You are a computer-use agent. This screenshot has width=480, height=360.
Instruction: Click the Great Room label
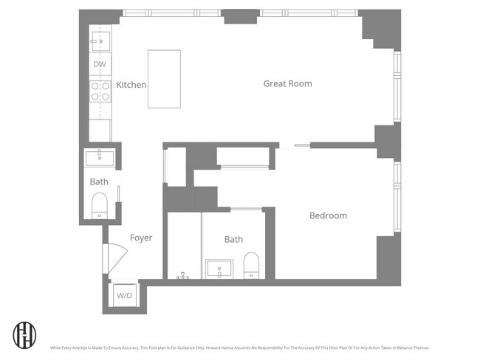[287, 83]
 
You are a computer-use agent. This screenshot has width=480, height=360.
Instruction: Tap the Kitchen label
[131, 85]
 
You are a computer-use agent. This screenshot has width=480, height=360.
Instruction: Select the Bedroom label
[328, 215]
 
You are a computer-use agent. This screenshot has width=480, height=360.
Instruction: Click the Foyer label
[141, 238]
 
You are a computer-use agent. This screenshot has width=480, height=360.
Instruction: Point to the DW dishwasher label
[100, 65]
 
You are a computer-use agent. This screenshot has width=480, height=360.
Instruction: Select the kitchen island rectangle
[164, 79]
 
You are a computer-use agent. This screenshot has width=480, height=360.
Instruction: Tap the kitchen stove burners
[100, 91]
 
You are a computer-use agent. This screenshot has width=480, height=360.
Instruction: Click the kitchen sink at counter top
[100, 41]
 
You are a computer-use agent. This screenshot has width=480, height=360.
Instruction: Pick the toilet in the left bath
[99, 204]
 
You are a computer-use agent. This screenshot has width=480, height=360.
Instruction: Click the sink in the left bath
[99, 157]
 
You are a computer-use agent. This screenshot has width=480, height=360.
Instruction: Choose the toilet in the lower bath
[252, 266]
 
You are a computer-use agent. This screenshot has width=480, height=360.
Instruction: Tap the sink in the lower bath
[220, 267]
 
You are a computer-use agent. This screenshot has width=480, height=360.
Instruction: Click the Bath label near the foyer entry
[99, 181]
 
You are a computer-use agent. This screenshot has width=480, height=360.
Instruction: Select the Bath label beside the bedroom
[233, 239]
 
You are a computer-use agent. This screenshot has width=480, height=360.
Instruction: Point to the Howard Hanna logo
[25, 335]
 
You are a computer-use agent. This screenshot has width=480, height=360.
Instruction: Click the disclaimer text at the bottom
[239, 347]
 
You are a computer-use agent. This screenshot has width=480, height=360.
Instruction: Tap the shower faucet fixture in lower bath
[182, 275]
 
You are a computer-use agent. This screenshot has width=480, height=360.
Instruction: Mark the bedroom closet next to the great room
[244, 157]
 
